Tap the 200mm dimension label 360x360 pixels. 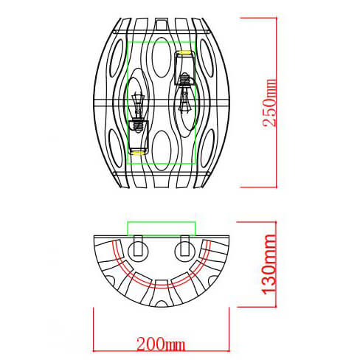coord(160,344)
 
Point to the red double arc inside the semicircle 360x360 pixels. coord(160,283)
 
